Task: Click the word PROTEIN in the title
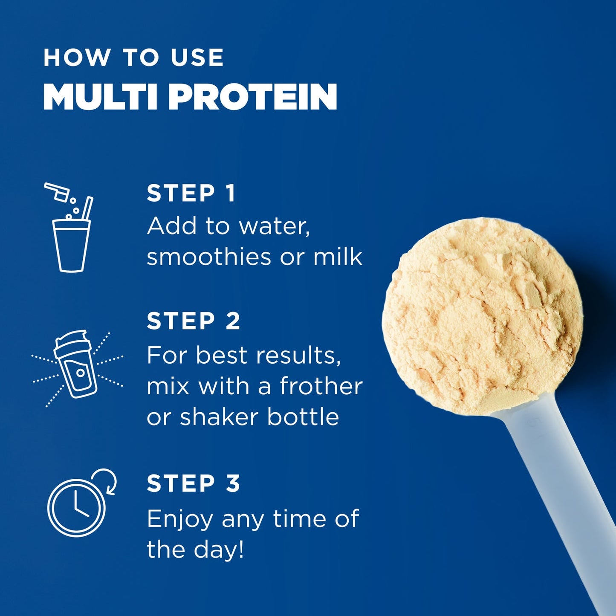tap(253, 97)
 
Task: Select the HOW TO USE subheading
tap(133, 58)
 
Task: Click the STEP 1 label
tap(191, 193)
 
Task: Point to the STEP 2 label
tap(194, 321)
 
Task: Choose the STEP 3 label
tap(194, 483)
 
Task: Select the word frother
tap(321, 386)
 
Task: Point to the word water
tap(274, 226)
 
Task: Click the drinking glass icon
tap(71, 246)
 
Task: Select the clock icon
tap(76, 507)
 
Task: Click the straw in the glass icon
tap(87, 208)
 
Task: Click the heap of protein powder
tap(482, 315)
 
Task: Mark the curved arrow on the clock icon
tap(108, 480)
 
